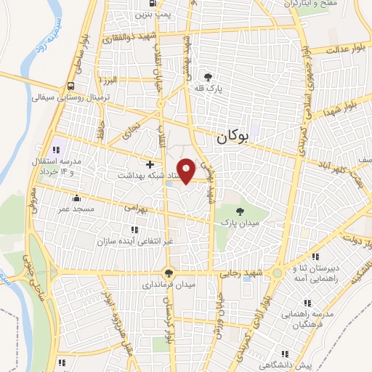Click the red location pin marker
186,171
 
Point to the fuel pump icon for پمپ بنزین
142,13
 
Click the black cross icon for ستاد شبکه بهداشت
151,165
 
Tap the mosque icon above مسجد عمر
76,198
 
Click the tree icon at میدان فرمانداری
169,273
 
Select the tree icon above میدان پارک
240,211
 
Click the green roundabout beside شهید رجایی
277,275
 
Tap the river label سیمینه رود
57,36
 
